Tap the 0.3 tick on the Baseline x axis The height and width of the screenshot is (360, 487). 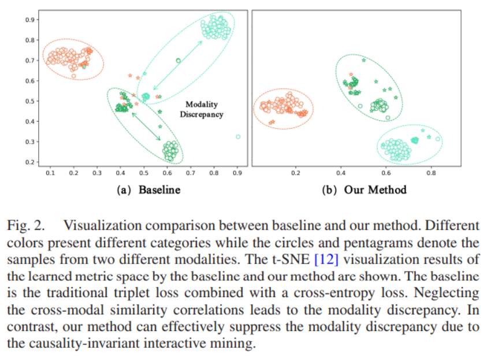pyautogui.click(x=97, y=173)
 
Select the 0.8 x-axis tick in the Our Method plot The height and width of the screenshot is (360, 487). pyautogui.click(x=430, y=173)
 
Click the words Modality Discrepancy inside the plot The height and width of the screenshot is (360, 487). pyautogui.click(x=201, y=109)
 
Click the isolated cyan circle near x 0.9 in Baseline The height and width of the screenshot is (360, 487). pyautogui.click(x=238, y=137)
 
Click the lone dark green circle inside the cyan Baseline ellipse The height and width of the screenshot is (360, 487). pyautogui.click(x=178, y=61)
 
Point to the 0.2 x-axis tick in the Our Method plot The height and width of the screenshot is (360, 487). pyautogui.click(x=296, y=173)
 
